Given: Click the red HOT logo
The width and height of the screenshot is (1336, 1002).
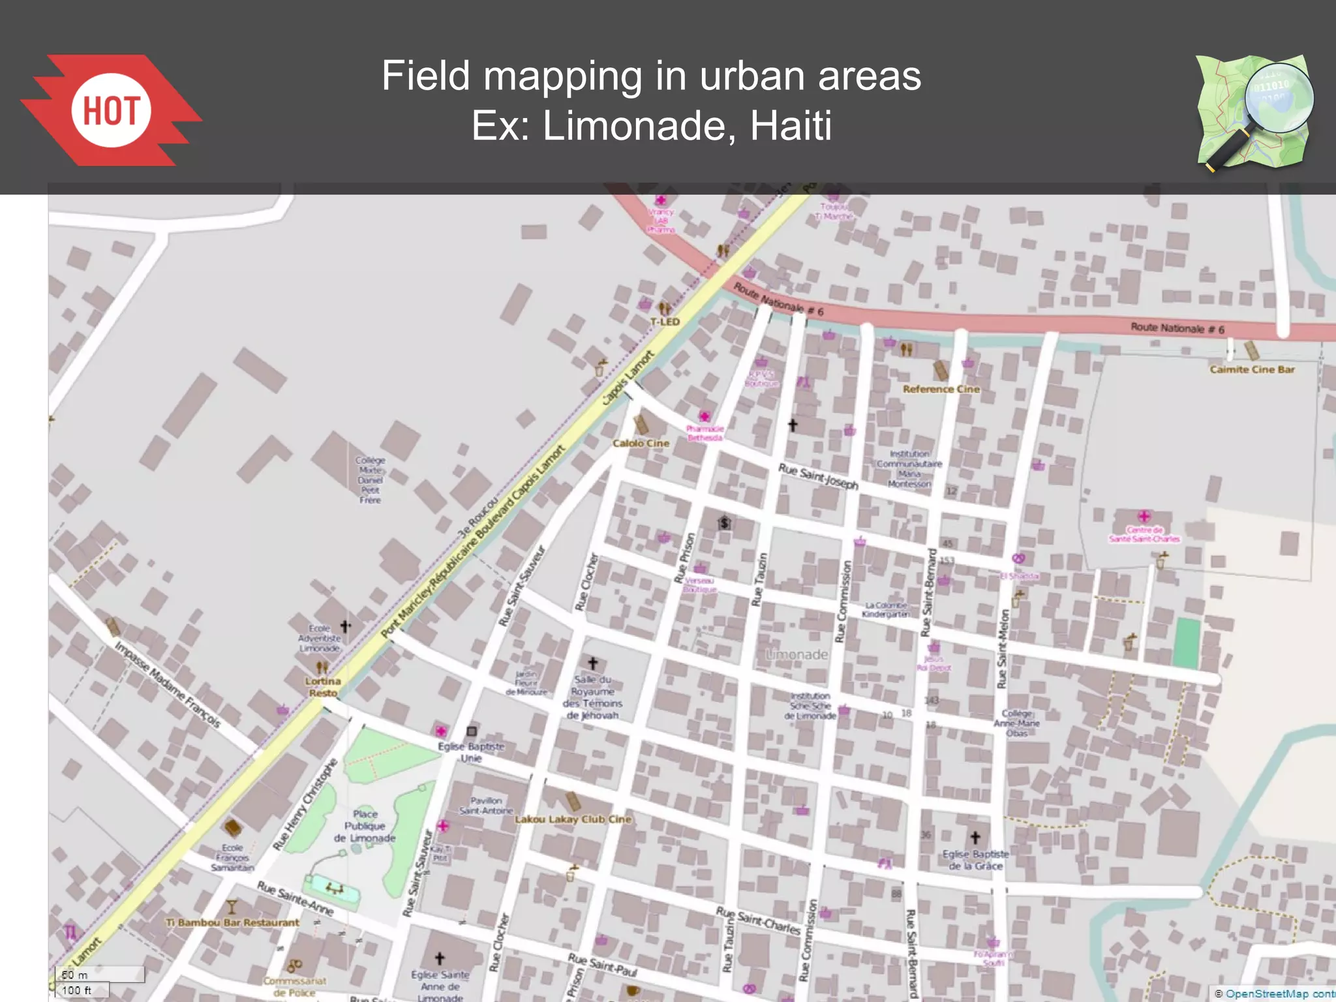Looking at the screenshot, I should click(111, 110).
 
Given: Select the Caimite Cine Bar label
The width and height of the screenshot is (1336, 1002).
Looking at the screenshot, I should click(1252, 369).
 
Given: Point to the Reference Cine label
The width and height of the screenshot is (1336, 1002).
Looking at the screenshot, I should click(941, 389).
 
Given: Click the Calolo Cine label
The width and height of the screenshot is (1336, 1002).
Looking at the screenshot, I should click(641, 443).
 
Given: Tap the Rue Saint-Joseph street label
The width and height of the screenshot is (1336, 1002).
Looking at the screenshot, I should click(818, 476).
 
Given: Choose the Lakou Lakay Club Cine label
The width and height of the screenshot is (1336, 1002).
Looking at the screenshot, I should click(573, 819).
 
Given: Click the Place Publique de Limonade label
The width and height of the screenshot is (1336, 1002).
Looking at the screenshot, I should click(365, 826).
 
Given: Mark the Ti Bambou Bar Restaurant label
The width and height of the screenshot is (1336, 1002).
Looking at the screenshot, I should click(232, 922).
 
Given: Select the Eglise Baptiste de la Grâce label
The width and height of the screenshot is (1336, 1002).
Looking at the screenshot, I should click(975, 860).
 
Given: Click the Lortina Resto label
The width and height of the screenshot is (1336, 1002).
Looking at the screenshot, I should click(323, 687).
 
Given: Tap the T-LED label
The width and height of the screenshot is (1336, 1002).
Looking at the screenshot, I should click(665, 322).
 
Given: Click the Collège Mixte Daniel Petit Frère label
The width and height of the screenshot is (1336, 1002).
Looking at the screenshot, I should click(370, 480).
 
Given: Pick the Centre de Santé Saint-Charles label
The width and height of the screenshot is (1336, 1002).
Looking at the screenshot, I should click(1144, 534).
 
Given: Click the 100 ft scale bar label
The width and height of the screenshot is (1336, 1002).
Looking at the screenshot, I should click(76, 990).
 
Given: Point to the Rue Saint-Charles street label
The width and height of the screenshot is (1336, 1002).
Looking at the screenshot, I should click(758, 920).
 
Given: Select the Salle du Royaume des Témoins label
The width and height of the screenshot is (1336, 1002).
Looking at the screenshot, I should click(592, 697).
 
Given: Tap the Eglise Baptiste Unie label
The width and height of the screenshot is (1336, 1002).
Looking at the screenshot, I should click(471, 752).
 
